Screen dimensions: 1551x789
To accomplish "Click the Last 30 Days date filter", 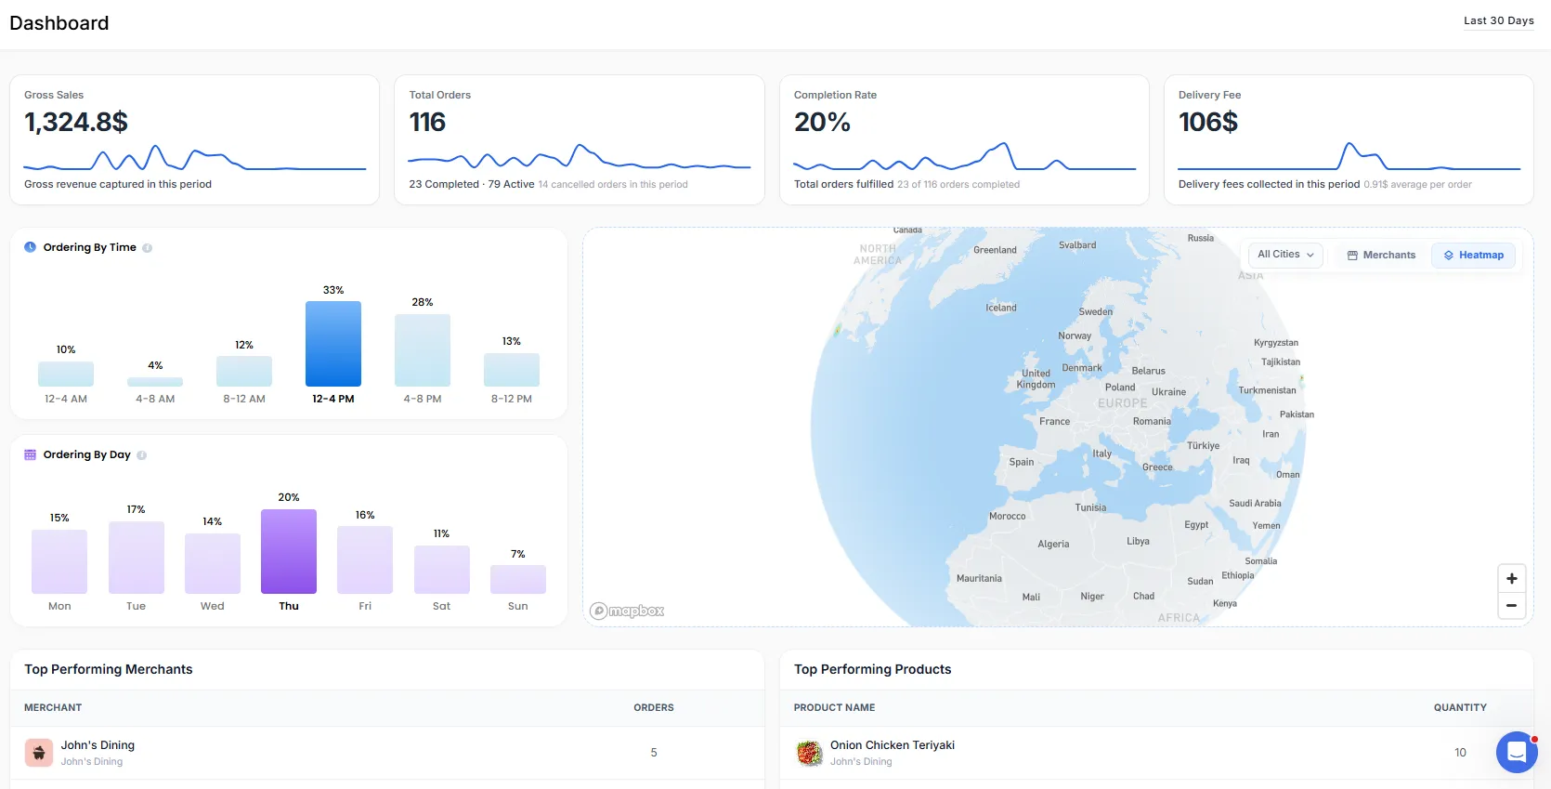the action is [1498, 20].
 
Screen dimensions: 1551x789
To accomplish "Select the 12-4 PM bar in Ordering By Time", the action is [333, 344].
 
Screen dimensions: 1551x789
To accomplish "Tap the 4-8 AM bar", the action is [155, 382].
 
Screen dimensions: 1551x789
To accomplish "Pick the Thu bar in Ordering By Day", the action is [289, 551].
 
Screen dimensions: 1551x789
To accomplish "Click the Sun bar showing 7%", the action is [518, 579].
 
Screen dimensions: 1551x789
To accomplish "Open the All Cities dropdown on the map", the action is [1285, 255].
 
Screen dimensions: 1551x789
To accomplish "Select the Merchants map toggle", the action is [1381, 255].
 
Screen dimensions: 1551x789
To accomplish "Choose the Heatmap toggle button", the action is [1473, 255].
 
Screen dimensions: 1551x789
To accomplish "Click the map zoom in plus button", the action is [1512, 578].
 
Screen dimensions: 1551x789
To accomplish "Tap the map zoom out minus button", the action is [1512, 605].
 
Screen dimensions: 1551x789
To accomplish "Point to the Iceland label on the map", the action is [1001, 308].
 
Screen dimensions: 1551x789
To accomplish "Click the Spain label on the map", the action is [1022, 462].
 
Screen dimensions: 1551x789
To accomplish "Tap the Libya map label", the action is [1138, 541].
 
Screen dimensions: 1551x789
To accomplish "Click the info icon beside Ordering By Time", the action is [148, 248].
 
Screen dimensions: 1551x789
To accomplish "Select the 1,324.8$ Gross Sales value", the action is [76, 122].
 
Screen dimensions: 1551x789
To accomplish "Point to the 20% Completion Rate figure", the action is [822, 122].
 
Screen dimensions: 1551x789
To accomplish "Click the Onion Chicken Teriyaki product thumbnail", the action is [809, 752].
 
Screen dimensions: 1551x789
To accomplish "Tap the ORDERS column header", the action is [654, 707].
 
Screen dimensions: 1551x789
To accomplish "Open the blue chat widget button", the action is [1517, 752].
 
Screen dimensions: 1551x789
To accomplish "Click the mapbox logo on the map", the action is [627, 611].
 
